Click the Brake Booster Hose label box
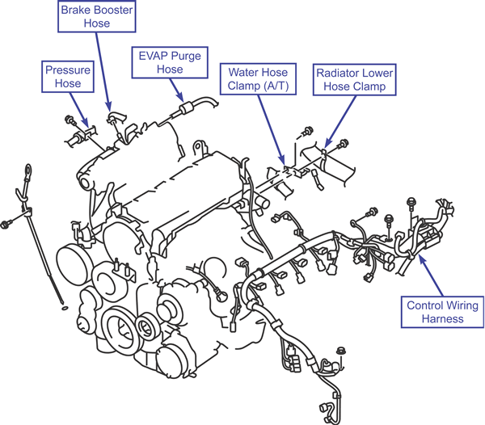(97, 16)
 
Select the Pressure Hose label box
(68, 77)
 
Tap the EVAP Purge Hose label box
(170, 62)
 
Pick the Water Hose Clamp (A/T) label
(259, 79)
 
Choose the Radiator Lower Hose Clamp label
(355, 80)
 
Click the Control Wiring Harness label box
(443, 312)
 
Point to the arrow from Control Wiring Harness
(431, 276)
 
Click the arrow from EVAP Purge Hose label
(176, 90)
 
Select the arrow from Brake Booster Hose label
(103, 71)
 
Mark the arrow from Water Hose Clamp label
(272, 130)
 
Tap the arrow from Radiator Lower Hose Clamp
(340, 122)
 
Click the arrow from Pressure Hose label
(78, 109)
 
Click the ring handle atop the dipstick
(28, 170)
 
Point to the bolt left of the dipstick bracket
(6, 224)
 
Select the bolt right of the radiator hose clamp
(343, 144)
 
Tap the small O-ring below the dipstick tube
(65, 308)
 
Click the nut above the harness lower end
(340, 351)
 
